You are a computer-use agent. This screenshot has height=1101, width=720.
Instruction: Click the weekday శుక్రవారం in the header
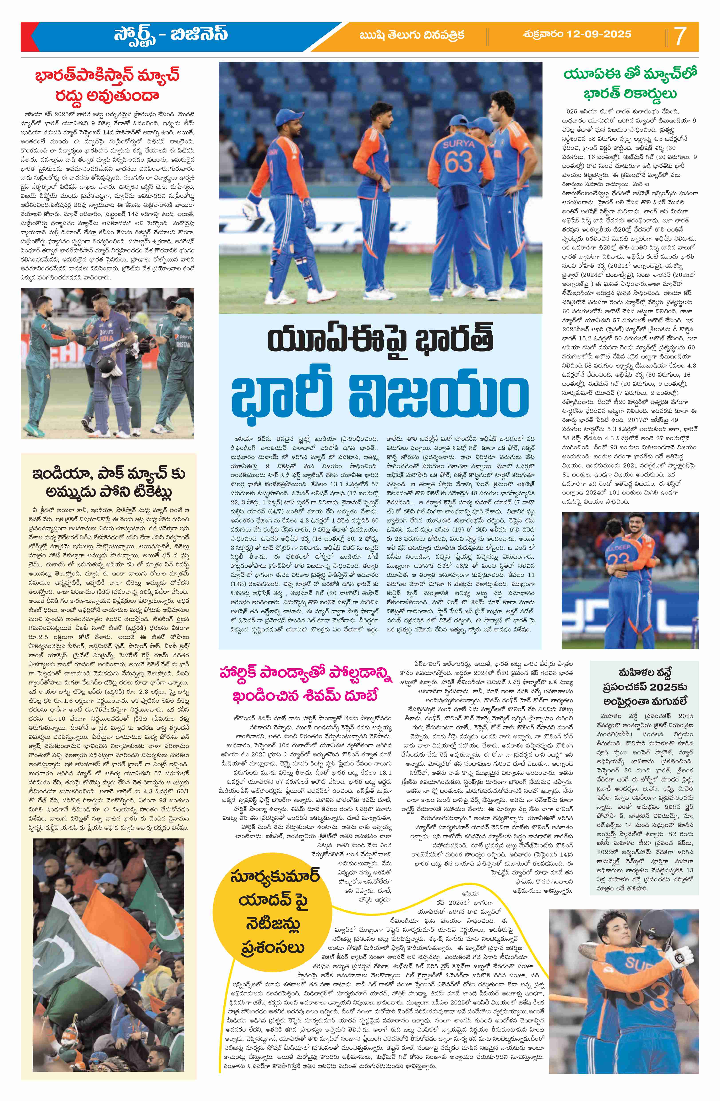(546, 34)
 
